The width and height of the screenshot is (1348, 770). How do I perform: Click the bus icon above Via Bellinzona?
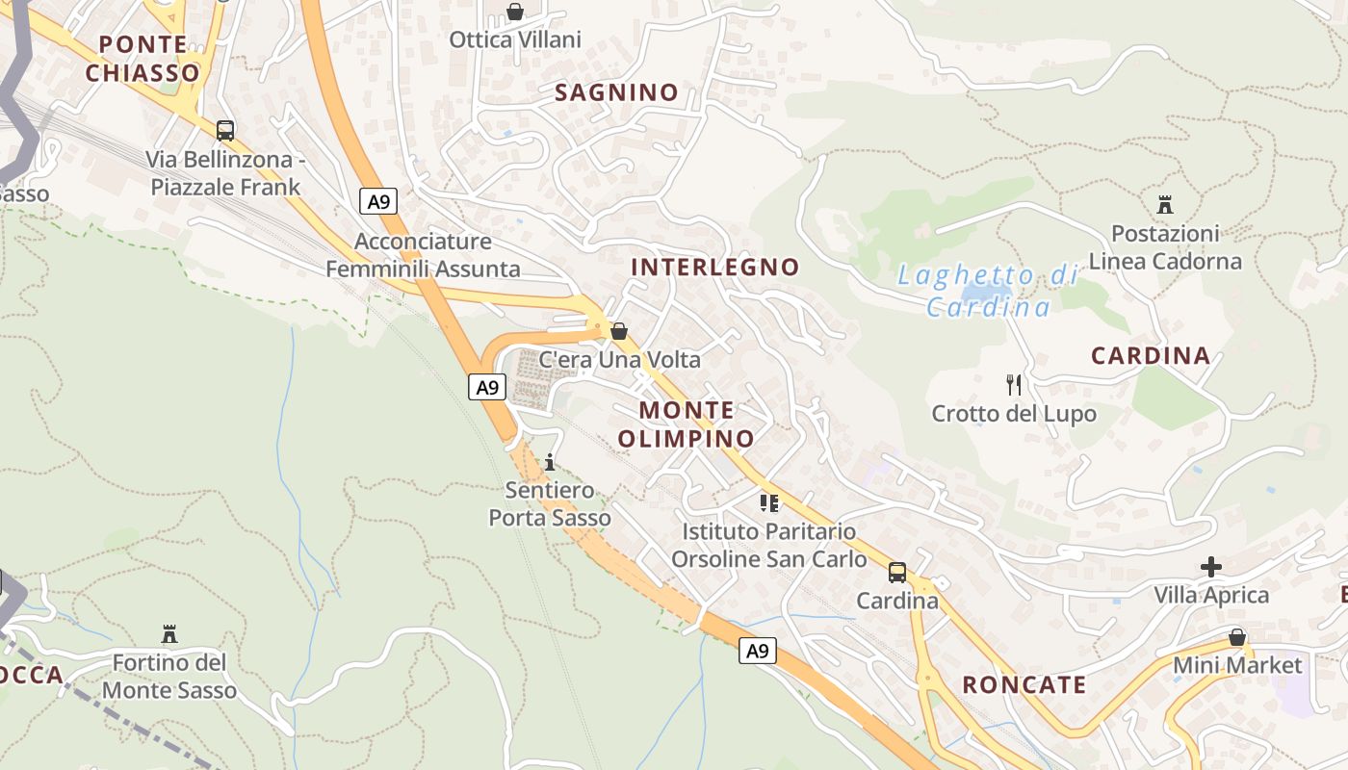point(225,130)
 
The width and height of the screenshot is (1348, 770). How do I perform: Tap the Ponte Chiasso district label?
point(143,59)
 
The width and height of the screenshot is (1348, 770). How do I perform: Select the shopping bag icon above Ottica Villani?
point(515,12)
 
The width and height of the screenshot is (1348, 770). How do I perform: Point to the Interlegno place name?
point(715,267)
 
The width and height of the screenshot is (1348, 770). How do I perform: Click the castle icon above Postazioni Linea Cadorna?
point(1165,204)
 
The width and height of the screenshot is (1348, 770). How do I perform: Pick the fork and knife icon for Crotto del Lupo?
point(1013,385)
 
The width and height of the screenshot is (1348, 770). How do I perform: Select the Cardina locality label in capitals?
point(1151,356)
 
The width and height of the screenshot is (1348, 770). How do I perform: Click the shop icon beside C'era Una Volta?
point(619,331)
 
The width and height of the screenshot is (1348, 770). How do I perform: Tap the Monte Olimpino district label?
point(687,424)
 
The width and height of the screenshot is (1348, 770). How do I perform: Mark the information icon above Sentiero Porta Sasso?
point(550,462)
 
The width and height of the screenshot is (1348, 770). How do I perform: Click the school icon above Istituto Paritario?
point(768,502)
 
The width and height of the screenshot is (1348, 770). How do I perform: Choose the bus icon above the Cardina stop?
point(897,573)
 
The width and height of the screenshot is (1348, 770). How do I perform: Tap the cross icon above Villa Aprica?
point(1211,567)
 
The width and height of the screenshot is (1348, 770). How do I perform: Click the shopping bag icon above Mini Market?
point(1237,637)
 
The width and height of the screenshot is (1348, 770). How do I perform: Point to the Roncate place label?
point(1024,685)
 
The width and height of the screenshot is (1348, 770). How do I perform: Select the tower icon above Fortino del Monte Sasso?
point(169,634)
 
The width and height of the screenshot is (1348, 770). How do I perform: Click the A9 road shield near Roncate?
point(758,651)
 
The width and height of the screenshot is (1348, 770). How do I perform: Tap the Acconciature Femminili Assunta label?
point(423,255)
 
